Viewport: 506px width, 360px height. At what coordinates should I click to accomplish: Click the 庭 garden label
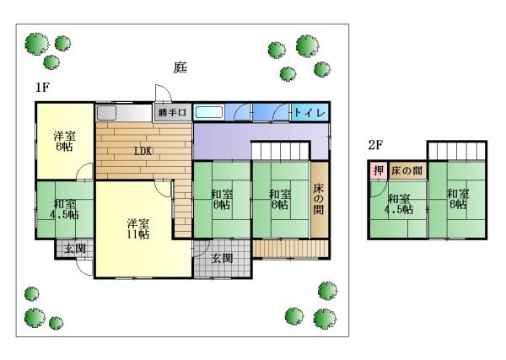(180, 67)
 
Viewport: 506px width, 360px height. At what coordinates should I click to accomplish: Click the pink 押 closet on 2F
(378, 171)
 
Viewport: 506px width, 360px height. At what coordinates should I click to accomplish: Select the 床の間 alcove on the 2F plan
(406, 171)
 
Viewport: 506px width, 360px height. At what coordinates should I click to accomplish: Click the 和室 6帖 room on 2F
(458, 199)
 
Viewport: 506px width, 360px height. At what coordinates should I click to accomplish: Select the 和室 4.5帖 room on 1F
(64, 209)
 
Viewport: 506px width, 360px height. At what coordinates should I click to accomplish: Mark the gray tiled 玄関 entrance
(222, 258)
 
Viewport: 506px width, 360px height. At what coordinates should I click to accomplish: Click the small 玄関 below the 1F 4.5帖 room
(74, 249)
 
